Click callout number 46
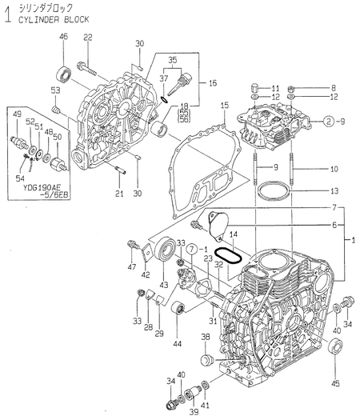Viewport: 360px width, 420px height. click(64, 38)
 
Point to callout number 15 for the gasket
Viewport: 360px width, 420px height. click(225, 106)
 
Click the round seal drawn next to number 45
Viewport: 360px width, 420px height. click(334, 348)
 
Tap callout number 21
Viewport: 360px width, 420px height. click(118, 193)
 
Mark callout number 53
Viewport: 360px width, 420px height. click(55, 90)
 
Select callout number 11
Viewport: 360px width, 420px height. click(275, 87)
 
